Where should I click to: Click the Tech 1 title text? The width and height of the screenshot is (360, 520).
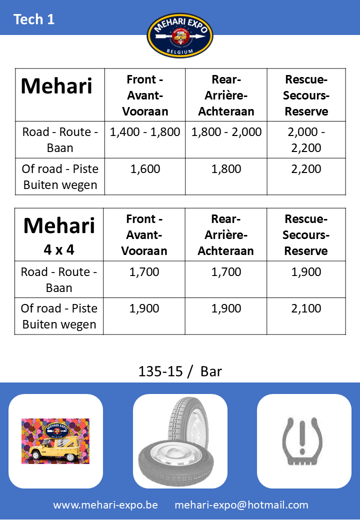point(34,19)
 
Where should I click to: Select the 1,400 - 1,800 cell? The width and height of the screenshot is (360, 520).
point(145,132)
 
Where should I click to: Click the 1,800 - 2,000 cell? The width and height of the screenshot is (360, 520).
point(226,132)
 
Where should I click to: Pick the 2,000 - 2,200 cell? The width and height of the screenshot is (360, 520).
point(306,140)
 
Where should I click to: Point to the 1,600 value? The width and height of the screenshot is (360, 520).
point(145,169)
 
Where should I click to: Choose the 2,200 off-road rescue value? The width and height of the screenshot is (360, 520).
point(306,169)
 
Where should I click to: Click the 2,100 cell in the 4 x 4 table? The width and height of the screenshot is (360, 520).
point(306,308)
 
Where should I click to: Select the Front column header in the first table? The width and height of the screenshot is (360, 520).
point(145,95)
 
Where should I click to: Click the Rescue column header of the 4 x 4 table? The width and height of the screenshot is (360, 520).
point(306,235)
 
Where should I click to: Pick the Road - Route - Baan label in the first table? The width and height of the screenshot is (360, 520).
point(60,140)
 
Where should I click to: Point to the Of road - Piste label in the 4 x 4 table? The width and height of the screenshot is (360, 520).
point(59,316)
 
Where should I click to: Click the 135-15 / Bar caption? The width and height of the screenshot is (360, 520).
point(180,371)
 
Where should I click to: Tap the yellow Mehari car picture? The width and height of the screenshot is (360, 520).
point(55,441)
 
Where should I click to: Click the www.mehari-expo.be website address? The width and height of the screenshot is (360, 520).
point(105,505)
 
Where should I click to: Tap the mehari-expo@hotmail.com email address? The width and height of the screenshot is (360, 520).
point(241,505)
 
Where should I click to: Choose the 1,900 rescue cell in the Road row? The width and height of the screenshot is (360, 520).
point(306,272)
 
